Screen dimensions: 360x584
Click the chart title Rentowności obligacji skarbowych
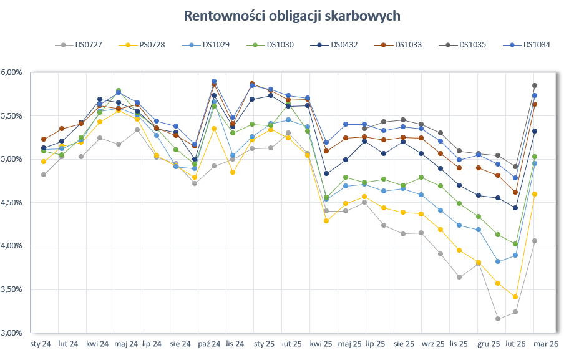point(292,16)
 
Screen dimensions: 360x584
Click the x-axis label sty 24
point(41,344)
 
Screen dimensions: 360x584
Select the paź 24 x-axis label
point(209,344)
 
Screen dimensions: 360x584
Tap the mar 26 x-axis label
point(545,344)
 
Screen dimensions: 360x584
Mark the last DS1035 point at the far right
point(534,85)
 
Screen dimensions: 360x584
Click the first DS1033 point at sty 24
point(43,139)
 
